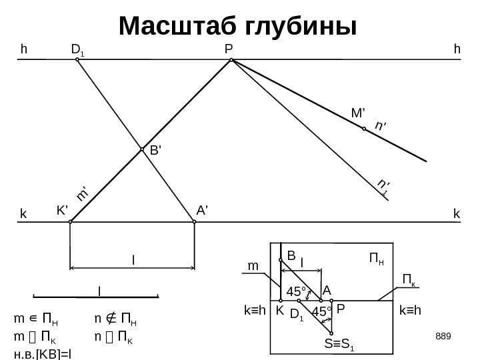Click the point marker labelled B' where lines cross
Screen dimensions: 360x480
(x=142, y=150)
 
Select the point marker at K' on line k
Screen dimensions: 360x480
(x=70, y=223)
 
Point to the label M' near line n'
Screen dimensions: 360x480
(x=359, y=113)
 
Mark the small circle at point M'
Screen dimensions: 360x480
(x=364, y=130)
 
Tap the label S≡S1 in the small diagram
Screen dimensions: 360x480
(x=340, y=345)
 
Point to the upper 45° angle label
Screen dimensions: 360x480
(x=296, y=291)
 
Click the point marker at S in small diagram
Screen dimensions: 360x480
(x=331, y=333)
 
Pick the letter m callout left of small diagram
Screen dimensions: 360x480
(x=253, y=266)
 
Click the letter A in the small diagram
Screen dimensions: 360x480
(x=327, y=291)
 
